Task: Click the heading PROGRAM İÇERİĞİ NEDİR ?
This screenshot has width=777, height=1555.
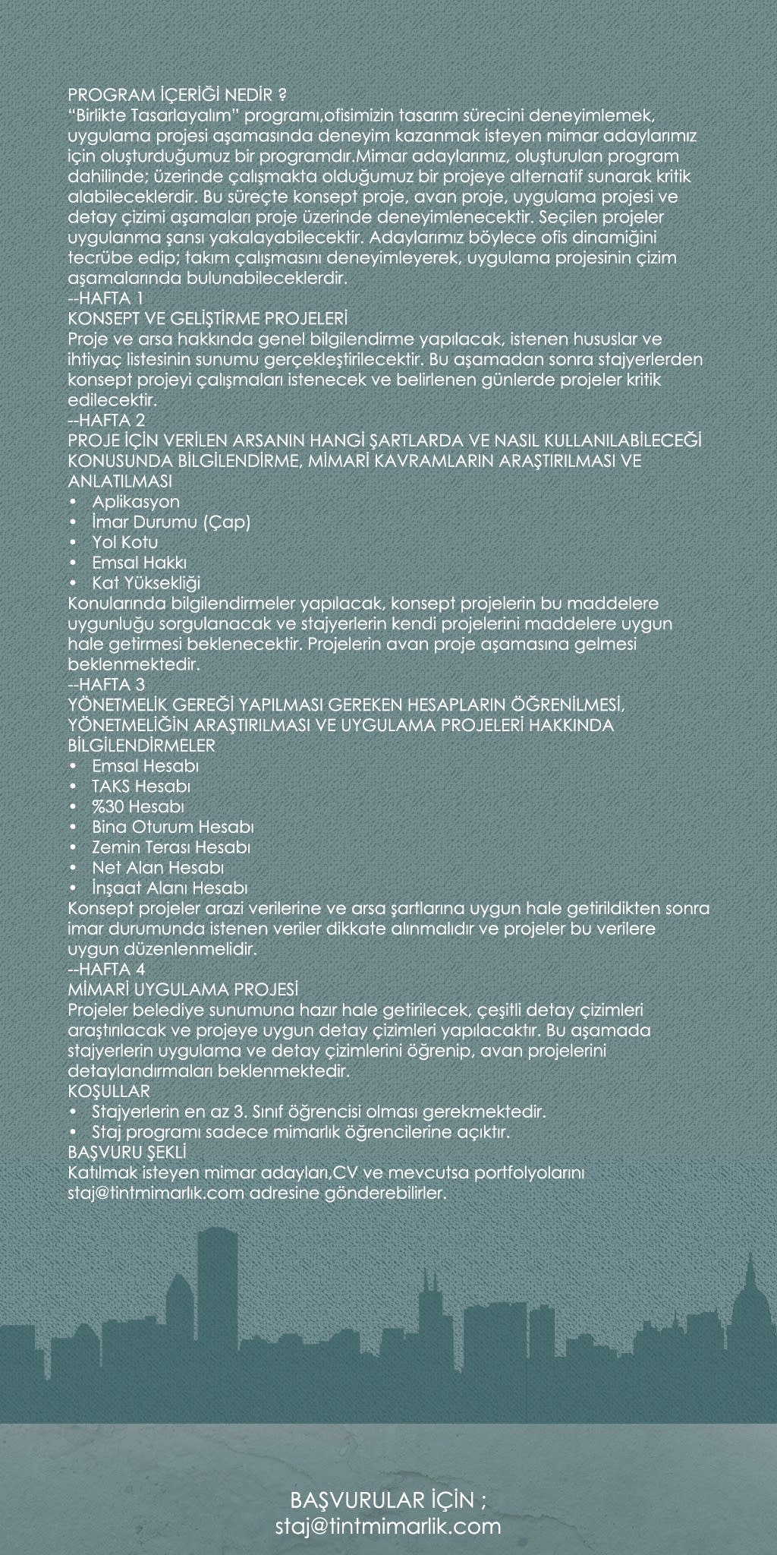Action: point(177,96)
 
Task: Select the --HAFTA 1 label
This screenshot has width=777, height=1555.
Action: point(105,297)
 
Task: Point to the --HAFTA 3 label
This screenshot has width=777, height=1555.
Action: point(106,685)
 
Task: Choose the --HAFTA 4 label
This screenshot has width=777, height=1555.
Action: point(106,970)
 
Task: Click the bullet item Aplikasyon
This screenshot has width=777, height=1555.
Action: point(136,502)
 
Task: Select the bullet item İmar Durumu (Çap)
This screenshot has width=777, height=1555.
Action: point(171,522)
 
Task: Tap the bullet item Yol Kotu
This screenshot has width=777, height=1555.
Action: point(124,543)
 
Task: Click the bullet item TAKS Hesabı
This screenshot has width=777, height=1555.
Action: point(140,786)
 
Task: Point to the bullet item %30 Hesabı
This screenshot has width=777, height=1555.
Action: point(138,806)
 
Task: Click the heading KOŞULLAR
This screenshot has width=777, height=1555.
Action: point(109,1092)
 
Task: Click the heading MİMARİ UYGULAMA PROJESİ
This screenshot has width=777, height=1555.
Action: point(183,990)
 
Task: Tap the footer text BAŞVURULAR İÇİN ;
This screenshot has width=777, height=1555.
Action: point(388,1501)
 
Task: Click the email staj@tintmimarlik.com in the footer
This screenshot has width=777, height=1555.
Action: point(388,1527)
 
